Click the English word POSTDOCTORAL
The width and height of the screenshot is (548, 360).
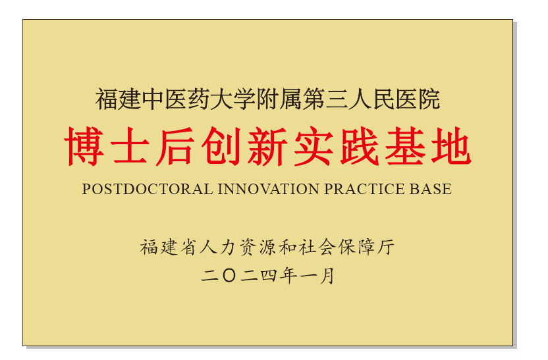coord(148,189)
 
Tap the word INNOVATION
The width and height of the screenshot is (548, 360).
coord(269,189)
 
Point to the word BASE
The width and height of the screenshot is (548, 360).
coord(430,189)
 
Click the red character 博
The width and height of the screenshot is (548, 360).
coord(84,145)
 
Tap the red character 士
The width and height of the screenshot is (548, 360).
coord(130,145)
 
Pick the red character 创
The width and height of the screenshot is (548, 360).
coord(222,145)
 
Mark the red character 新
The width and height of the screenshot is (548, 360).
coord(267,145)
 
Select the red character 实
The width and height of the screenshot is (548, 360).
coord(314,145)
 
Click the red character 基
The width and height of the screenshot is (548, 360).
coord(406,145)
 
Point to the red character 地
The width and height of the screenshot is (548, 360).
coord(451,145)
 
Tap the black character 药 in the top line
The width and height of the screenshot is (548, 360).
coord(199,99)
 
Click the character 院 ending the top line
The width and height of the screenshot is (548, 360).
coord(429,99)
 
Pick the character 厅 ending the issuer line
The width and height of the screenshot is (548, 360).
coord(385,247)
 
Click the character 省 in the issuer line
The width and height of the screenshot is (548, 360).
coord(189,247)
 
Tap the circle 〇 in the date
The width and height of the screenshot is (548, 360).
coord(229,276)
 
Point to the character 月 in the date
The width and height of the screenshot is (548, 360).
coord(327,276)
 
